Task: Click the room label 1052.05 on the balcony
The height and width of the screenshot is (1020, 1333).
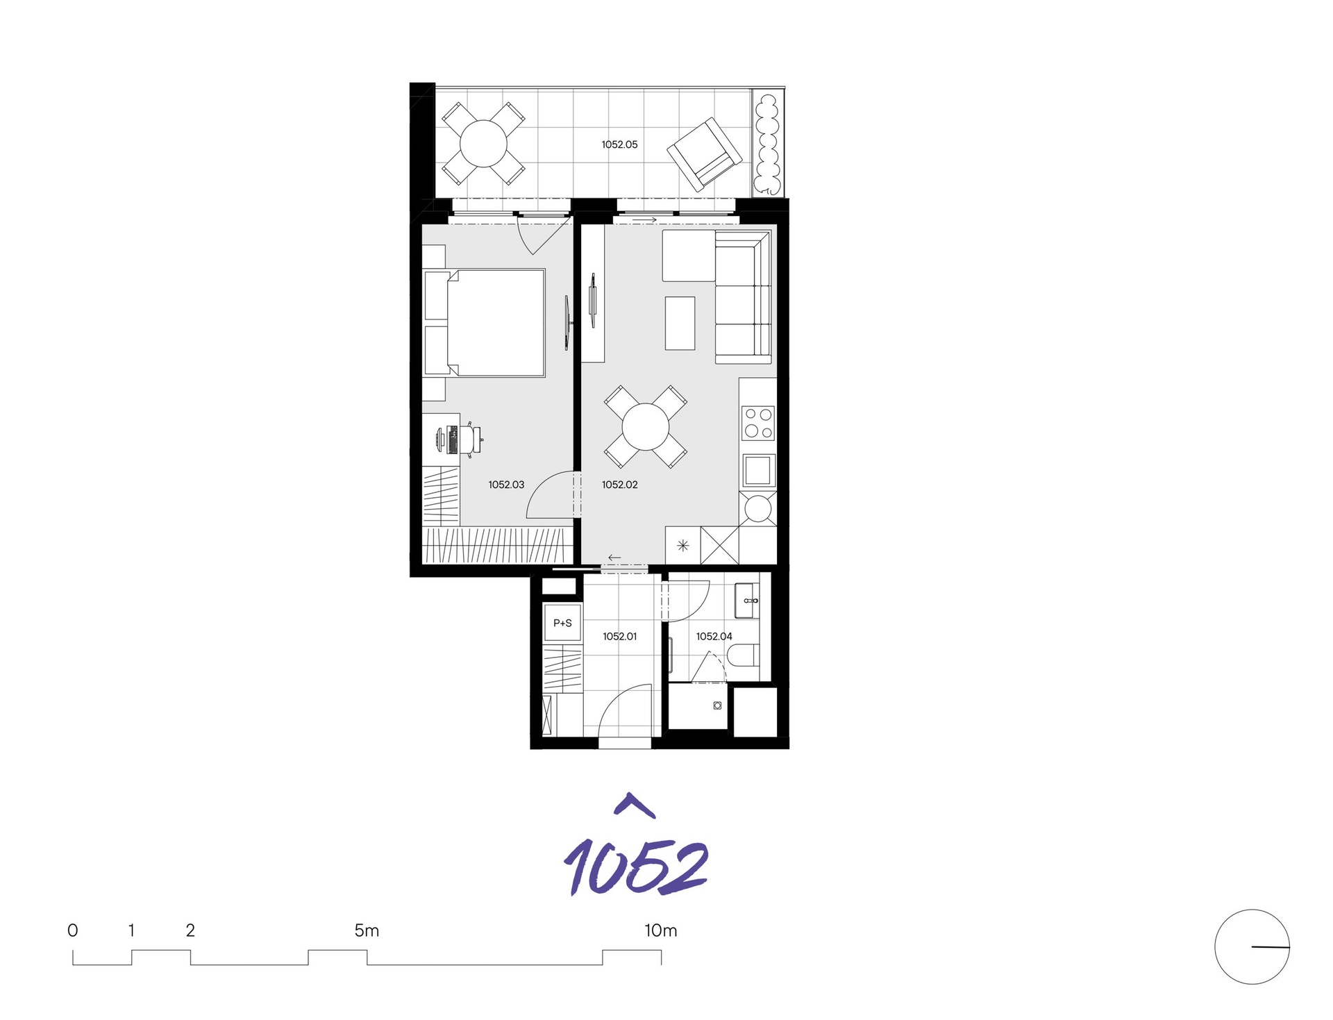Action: coord(619,144)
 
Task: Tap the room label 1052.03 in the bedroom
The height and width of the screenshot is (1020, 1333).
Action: coord(506,485)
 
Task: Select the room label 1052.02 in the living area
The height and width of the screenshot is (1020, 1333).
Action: coord(619,485)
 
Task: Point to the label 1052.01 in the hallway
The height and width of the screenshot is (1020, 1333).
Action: coord(619,636)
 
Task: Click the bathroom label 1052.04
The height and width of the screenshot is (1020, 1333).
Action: coord(714,636)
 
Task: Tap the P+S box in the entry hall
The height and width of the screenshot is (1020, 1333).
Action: coord(562,623)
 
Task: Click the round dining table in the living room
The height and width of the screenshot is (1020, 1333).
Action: coord(645,426)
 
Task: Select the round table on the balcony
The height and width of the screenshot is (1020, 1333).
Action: coord(483,143)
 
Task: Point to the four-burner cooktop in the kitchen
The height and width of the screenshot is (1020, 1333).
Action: coord(758,423)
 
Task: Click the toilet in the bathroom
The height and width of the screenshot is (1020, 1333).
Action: coord(745,655)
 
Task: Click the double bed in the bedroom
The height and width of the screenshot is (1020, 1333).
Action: coord(494,323)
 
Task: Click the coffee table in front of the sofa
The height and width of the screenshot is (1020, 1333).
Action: coord(680,323)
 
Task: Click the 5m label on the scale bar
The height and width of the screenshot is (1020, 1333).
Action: coord(367,930)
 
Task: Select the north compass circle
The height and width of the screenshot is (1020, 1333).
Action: coord(1251,946)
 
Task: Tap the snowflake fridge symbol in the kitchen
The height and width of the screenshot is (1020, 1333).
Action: coord(682,546)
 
